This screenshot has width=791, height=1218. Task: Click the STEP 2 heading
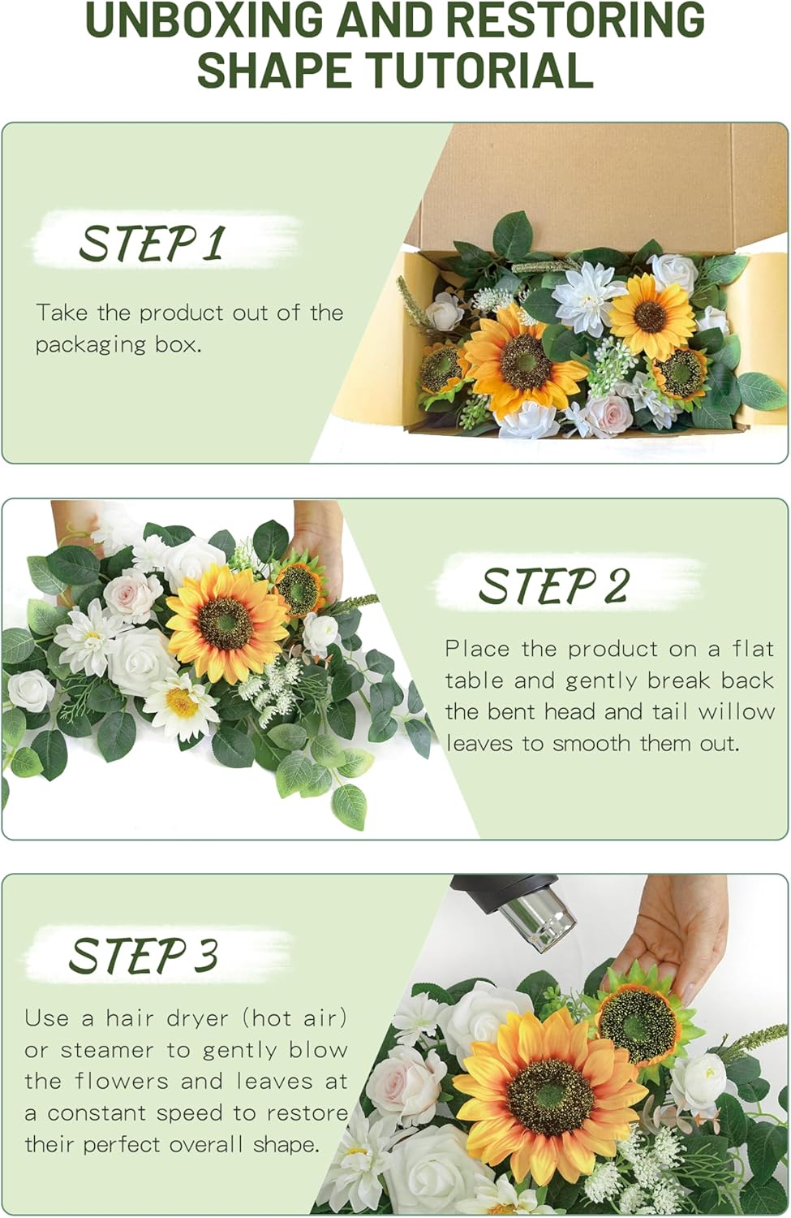pyautogui.click(x=553, y=585)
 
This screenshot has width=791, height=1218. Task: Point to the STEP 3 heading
pyautogui.click(x=144, y=955)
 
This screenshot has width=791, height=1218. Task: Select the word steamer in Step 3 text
pyautogui.click(x=107, y=1050)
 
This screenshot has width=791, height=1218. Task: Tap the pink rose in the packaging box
pyautogui.click(x=608, y=413)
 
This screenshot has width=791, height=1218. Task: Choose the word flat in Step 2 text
pyautogui.click(x=754, y=649)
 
